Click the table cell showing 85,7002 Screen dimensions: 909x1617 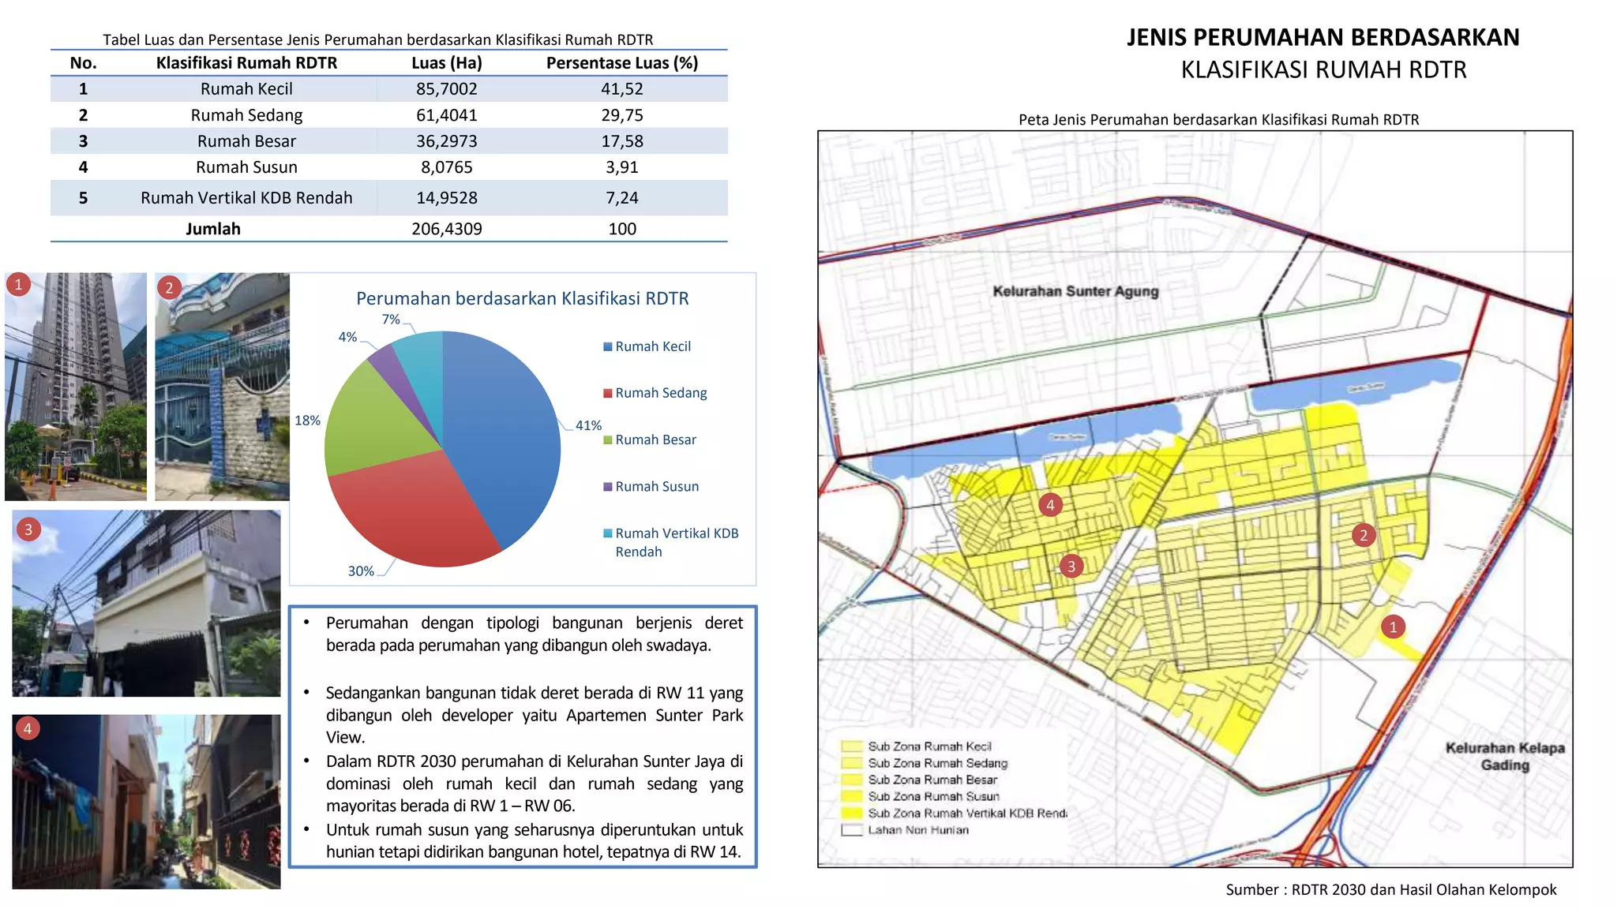tap(446, 89)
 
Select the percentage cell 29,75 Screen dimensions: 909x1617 tap(622, 115)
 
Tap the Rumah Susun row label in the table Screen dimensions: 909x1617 tap(246, 167)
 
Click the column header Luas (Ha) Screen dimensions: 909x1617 tap(446, 63)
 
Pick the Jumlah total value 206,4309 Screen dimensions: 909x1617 tap(446, 229)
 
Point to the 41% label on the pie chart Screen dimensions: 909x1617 tap(588, 425)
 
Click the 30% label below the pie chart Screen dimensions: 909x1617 tap(361, 571)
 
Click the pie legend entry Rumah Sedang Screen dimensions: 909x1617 tap(660, 393)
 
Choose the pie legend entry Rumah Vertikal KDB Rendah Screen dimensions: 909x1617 tap(676, 542)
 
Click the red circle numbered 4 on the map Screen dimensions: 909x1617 tap(1050, 505)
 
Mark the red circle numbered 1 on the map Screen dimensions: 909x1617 tap(1393, 627)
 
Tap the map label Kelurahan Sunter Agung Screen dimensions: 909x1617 tap(1075, 291)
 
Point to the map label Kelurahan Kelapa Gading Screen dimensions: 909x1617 tap(1504, 756)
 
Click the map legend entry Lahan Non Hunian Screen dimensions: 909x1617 tap(917, 830)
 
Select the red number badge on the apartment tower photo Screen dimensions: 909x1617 tap(18, 284)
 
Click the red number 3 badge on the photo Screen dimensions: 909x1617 tap(28, 529)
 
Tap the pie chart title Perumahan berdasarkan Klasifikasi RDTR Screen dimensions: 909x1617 tap(522, 298)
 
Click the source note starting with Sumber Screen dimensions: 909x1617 tap(1390, 890)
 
